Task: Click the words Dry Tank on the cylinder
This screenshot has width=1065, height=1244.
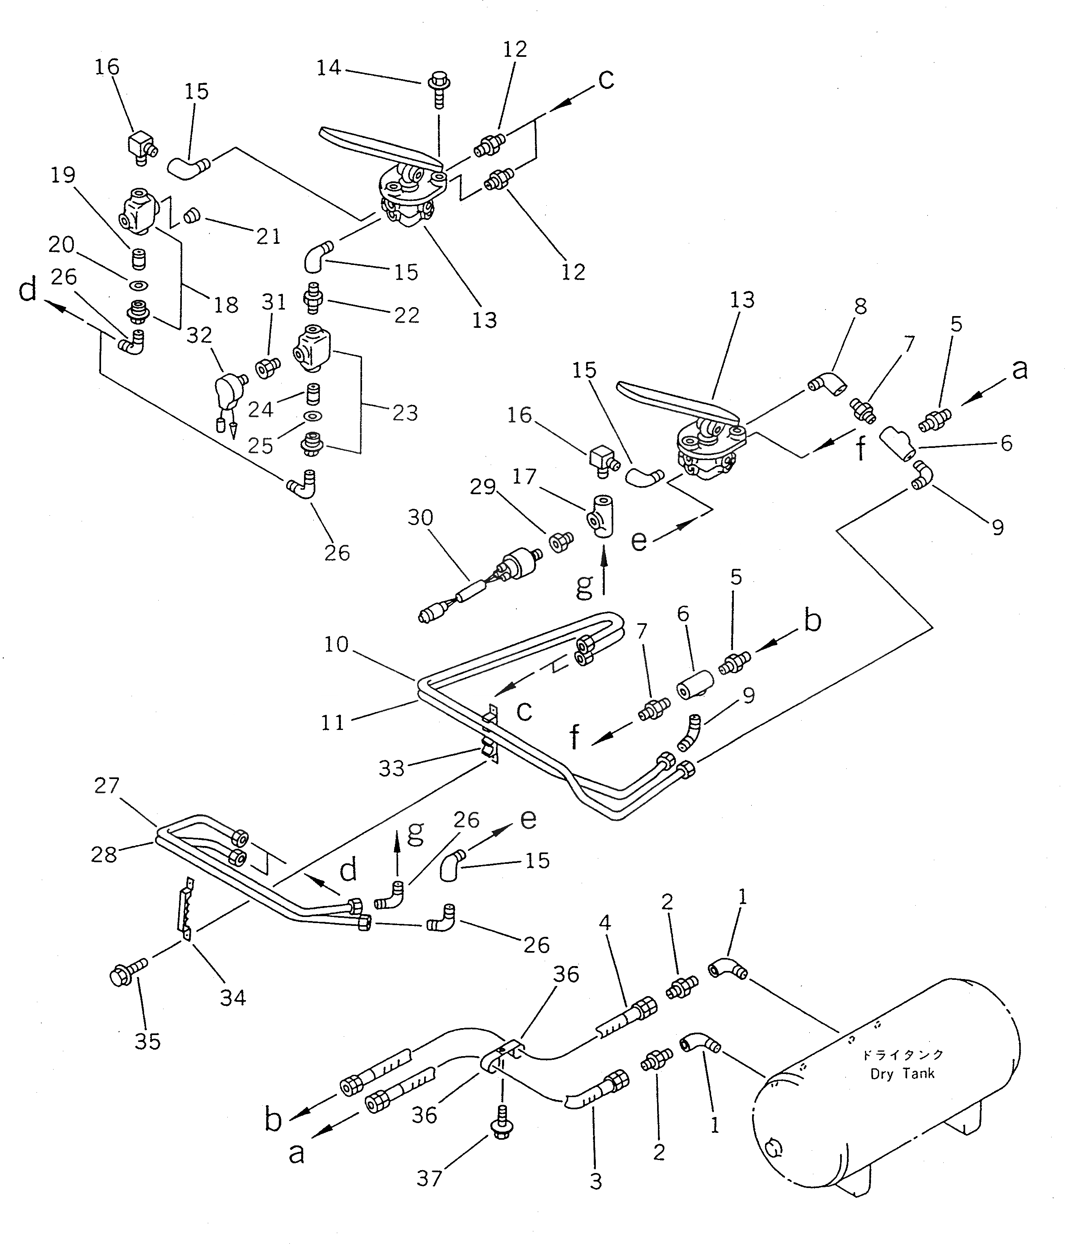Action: tap(902, 1074)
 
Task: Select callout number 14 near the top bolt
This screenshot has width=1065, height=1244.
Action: tap(329, 68)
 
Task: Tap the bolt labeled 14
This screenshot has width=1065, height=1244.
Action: tap(439, 86)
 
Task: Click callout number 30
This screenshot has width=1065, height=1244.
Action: tap(420, 517)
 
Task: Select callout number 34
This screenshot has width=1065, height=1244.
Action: tap(233, 997)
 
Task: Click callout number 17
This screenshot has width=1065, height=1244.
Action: tap(524, 477)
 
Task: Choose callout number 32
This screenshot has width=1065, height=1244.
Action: tap(199, 335)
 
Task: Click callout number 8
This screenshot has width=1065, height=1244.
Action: tap(860, 306)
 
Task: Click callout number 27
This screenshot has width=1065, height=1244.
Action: tap(106, 785)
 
